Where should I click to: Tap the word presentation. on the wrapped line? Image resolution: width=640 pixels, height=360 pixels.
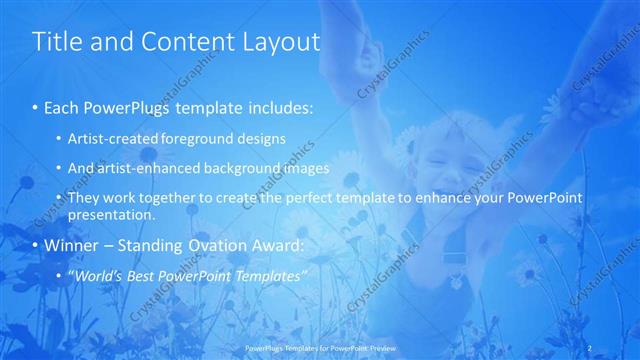click(111, 214)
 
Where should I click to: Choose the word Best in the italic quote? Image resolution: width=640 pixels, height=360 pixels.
click(146, 275)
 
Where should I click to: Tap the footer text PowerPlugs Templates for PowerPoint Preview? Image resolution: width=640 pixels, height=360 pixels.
click(319, 349)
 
